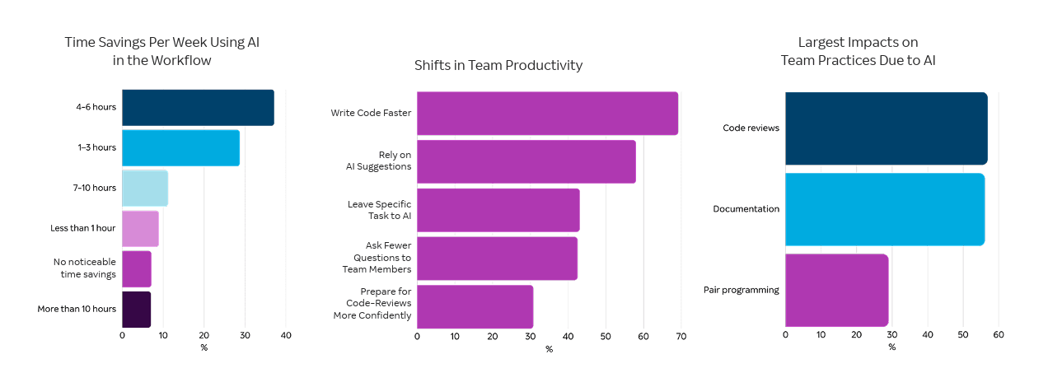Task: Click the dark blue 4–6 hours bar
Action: click(198, 108)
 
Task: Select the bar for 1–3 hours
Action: click(180, 148)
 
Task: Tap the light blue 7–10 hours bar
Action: click(145, 189)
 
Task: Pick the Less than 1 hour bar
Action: click(140, 229)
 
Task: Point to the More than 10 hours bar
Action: click(137, 309)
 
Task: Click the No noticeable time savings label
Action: click(85, 268)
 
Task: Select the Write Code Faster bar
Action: click(547, 114)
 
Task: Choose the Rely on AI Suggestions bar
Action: click(526, 161)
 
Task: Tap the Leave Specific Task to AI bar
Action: click(498, 210)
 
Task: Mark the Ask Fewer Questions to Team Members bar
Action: click(497, 259)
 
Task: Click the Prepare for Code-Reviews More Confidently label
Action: click(372, 303)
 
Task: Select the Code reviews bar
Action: click(886, 128)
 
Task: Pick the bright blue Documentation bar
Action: click(885, 209)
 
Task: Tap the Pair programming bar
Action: click(836, 290)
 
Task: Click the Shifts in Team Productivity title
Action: click(498, 65)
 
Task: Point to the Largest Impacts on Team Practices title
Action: click(858, 51)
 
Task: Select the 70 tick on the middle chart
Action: click(681, 336)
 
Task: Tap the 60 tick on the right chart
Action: click(999, 334)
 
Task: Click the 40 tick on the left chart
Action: click(286, 335)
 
